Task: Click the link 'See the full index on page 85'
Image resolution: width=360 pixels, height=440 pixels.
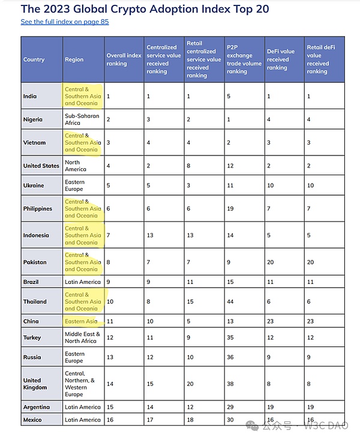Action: pos(64,22)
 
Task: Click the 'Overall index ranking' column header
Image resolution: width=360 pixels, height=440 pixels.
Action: pos(124,59)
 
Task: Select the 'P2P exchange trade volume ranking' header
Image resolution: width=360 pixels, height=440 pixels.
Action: pos(244,59)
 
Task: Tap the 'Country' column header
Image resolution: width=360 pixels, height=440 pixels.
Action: pos(34,59)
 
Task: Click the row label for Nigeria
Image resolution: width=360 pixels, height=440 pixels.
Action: pos(33,119)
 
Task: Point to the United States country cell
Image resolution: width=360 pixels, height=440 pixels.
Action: pos(41,166)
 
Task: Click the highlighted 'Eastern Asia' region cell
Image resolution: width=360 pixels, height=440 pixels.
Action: pos(81,321)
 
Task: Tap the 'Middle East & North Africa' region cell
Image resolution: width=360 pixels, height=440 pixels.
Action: pos(83,337)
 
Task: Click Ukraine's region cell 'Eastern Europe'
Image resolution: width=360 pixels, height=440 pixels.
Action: pos(75,185)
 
